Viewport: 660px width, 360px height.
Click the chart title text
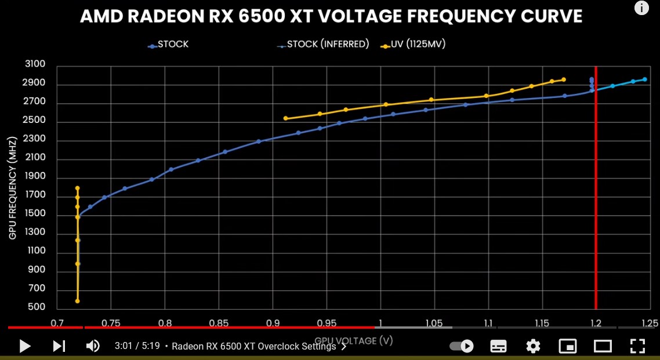pos(331,16)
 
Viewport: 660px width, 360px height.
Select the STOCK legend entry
pos(172,44)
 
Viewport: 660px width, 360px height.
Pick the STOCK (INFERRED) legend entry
pos(328,44)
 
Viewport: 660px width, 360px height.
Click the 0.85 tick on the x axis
pos(219,323)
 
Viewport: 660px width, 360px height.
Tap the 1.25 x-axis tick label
pos(650,323)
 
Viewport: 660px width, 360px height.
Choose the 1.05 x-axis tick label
pos(434,323)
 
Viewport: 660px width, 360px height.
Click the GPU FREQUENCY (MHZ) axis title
pos(12,188)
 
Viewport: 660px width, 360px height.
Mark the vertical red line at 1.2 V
pos(596,191)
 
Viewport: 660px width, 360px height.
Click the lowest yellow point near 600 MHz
pos(77,301)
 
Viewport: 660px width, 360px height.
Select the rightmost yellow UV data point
pos(563,79)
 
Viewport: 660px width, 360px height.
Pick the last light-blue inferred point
pos(644,79)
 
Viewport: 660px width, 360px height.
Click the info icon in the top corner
pos(641,8)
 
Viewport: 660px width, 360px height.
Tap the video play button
pos(25,346)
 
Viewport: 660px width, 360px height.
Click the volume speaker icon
pos(93,346)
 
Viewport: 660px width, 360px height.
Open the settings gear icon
pos(533,346)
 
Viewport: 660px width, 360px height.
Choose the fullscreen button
pos(638,346)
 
